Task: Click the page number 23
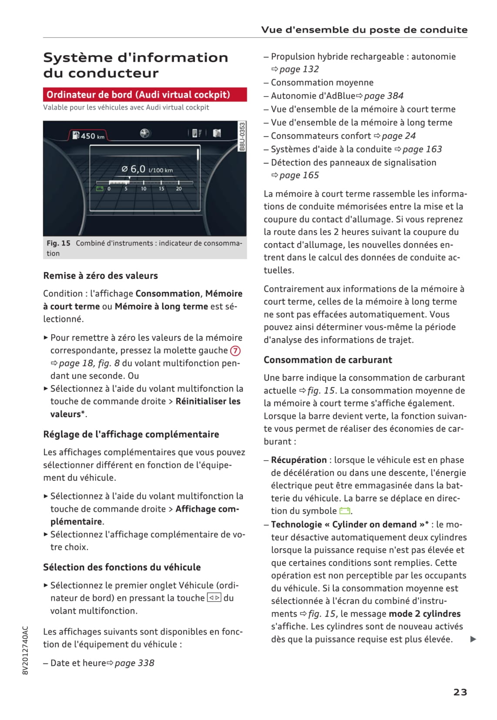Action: pyautogui.click(x=460, y=692)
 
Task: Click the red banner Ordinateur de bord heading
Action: pyautogui.click(x=138, y=94)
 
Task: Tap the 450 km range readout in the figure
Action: pyautogui.click(x=89, y=136)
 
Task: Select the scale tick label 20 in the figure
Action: pyautogui.click(x=179, y=189)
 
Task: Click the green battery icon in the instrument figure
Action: pyautogui.click(x=100, y=189)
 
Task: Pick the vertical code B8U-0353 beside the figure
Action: pyautogui.click(x=242, y=136)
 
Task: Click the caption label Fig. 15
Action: pyautogui.click(x=59, y=243)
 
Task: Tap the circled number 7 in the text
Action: pyautogui.click(x=235, y=350)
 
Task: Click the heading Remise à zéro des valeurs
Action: pyautogui.click(x=101, y=276)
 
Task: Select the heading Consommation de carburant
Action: pyautogui.click(x=328, y=360)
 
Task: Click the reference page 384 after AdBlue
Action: pyautogui.click(x=383, y=96)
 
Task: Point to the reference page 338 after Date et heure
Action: pyautogui.click(x=134, y=663)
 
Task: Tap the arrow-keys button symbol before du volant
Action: pyautogui.click(x=214, y=598)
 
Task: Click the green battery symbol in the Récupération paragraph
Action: pyautogui.click(x=345, y=511)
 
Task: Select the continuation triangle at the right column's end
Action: pyautogui.click(x=473, y=639)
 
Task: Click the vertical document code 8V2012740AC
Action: pyautogui.click(x=25, y=650)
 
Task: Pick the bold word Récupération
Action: pyautogui.click(x=299, y=460)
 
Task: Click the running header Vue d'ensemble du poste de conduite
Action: pyautogui.click(x=364, y=30)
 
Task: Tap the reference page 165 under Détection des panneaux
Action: pyautogui.click(x=299, y=175)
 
